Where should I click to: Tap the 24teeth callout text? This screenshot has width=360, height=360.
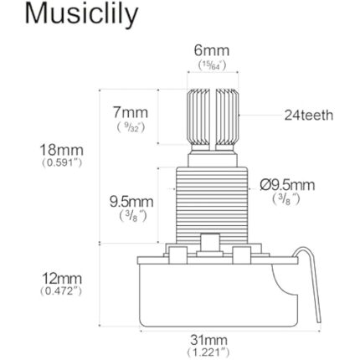(x=308, y=115)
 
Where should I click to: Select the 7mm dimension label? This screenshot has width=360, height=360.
(x=130, y=111)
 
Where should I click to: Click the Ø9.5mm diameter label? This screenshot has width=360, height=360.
(x=287, y=185)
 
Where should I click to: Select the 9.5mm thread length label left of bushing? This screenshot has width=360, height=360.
(x=131, y=202)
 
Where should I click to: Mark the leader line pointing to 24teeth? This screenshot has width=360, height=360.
(x=260, y=115)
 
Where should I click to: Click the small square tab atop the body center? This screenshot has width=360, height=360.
(x=209, y=243)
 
